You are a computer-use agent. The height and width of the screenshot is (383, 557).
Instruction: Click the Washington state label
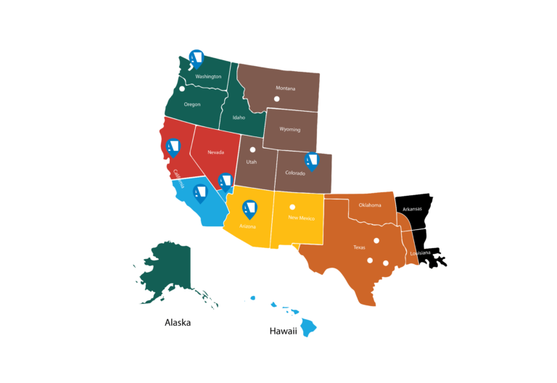208,76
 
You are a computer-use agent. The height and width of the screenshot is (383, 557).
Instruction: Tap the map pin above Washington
196,57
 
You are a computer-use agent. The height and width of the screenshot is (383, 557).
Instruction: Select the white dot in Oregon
182,89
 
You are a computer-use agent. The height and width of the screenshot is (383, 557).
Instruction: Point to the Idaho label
239,117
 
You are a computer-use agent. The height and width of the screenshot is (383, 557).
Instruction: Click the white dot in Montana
276,99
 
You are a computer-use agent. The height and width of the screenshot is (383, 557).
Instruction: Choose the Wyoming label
289,129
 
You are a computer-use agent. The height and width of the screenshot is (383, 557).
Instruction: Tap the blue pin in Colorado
312,161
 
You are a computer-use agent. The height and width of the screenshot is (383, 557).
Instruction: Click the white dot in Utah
253,150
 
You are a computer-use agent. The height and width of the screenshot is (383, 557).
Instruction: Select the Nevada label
215,152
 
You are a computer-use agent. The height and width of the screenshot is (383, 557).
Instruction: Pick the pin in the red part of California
173,147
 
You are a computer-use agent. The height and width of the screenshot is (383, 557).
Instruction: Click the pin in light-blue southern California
199,192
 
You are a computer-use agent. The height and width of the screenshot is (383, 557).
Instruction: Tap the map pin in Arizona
250,208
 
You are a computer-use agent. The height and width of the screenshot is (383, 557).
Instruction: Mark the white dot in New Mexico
292,207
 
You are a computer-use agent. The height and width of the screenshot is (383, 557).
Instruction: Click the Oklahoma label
369,205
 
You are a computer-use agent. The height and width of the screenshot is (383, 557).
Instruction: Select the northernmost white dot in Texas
376,241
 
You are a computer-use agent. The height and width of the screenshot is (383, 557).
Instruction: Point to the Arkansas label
413,209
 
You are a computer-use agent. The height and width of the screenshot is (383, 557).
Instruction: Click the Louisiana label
421,253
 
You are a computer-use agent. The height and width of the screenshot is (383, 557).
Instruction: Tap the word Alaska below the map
178,322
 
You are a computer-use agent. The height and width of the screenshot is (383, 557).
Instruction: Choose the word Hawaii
284,331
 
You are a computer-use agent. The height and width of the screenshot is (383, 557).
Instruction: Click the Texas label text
359,247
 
